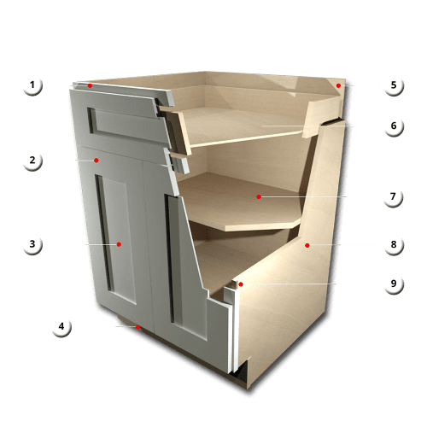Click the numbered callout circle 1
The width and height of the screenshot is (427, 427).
[32, 85]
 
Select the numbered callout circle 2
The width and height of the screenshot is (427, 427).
[32, 159]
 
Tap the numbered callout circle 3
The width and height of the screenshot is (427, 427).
[32, 244]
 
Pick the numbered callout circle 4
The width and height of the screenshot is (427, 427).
[61, 325]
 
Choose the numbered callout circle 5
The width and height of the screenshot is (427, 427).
[393, 85]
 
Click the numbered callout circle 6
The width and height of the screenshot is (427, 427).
[393, 125]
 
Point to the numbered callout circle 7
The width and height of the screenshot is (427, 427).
[393, 196]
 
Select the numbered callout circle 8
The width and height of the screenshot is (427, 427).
[393, 245]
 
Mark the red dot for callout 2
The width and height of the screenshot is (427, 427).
[97, 159]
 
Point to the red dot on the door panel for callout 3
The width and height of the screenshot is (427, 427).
[120, 244]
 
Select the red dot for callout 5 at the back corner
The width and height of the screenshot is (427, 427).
[339, 85]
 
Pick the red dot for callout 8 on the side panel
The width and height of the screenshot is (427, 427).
[307, 245]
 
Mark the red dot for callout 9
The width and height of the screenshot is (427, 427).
[241, 284]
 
